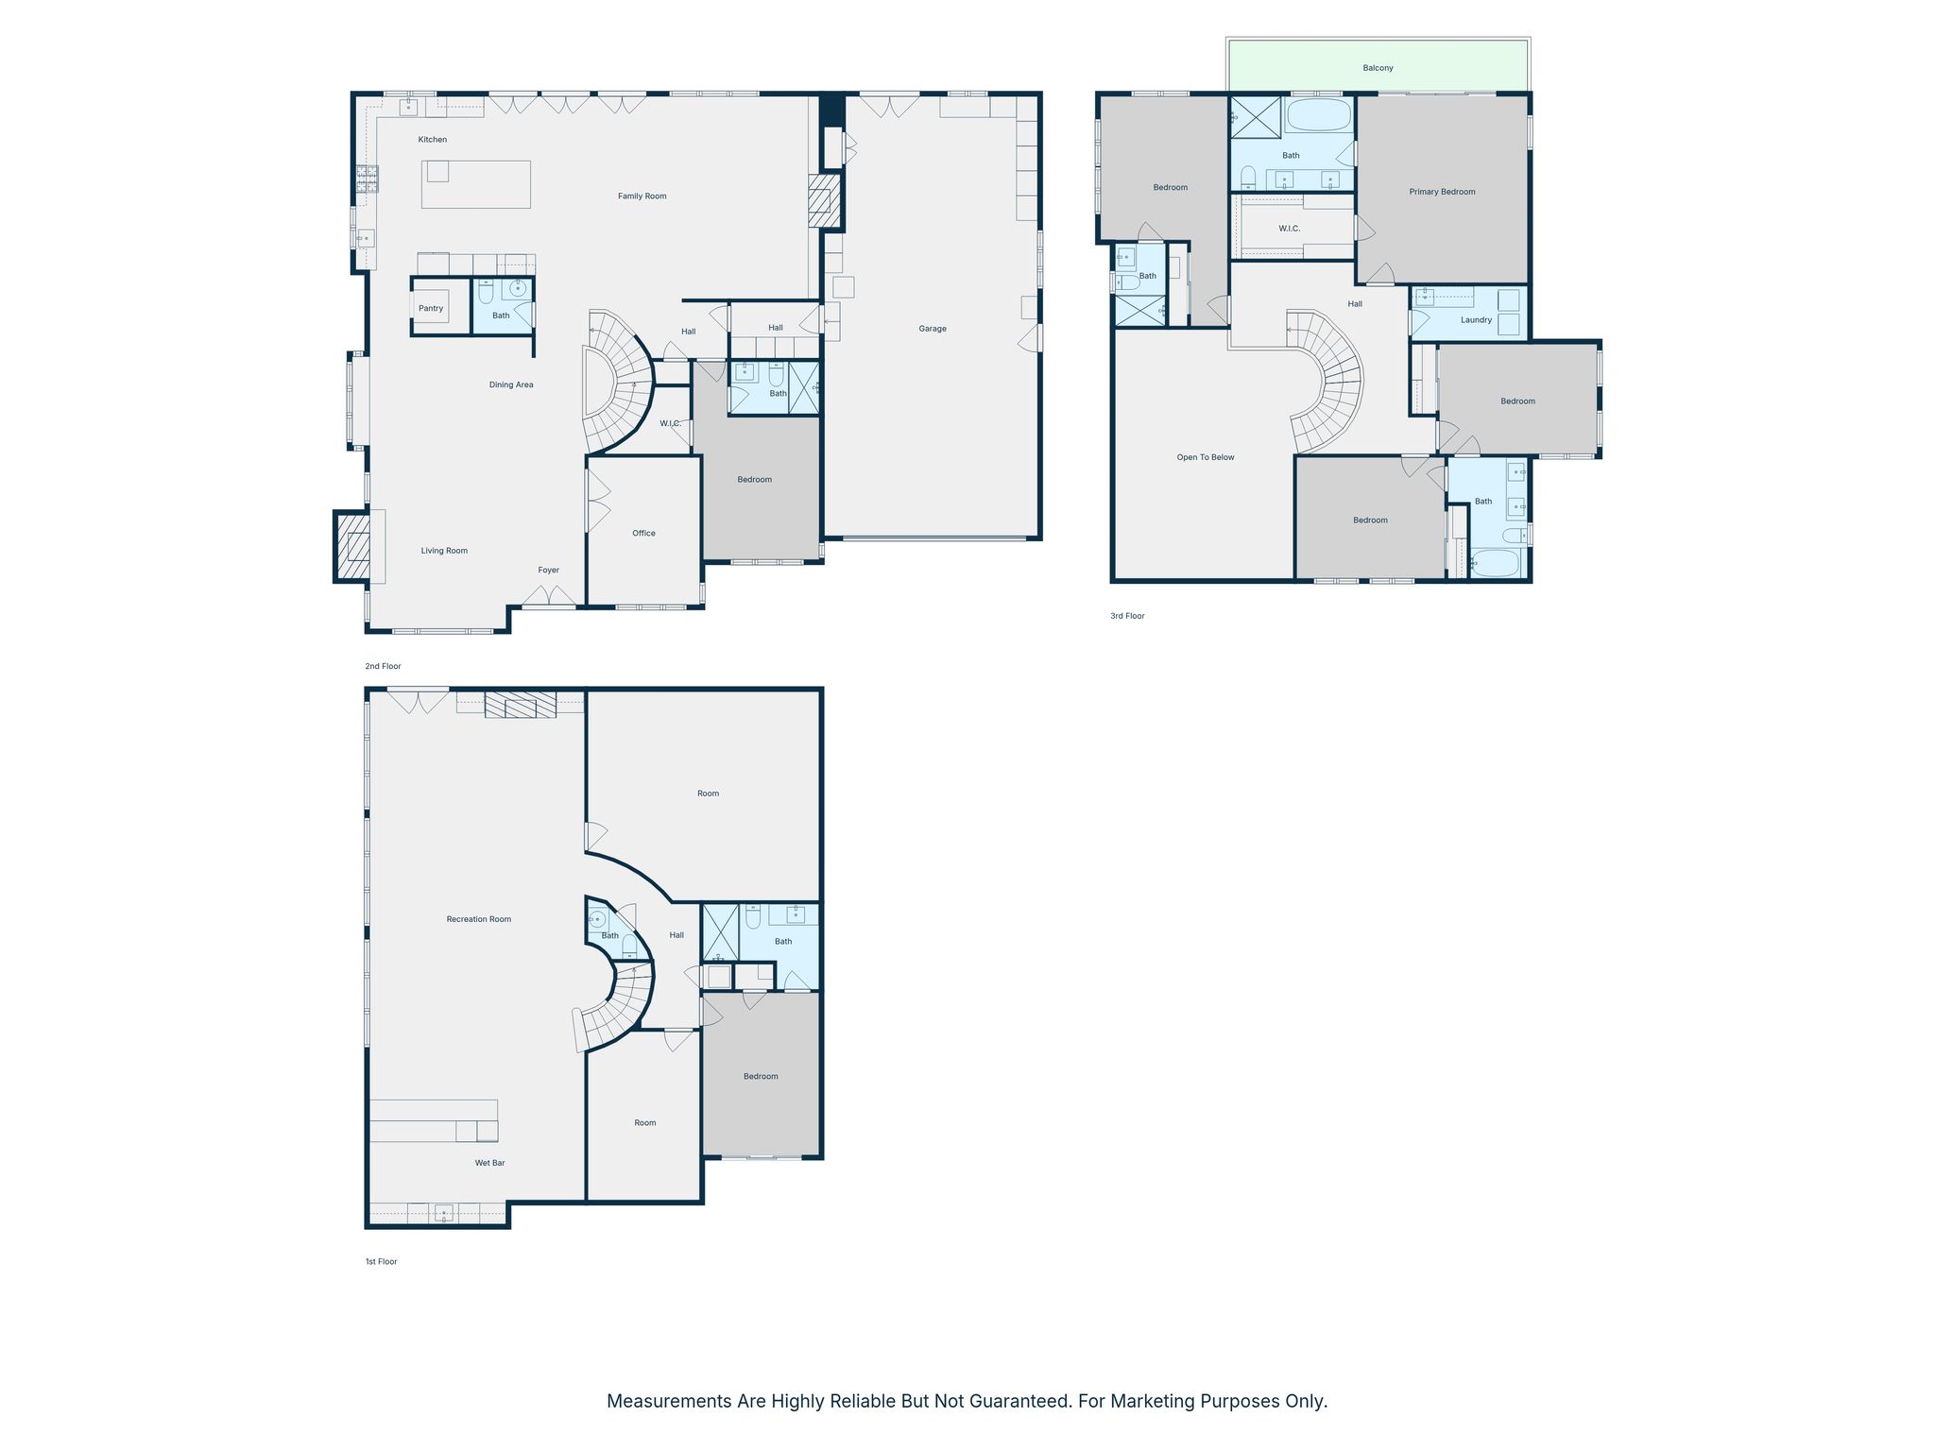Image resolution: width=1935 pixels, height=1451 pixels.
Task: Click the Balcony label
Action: click(x=1378, y=68)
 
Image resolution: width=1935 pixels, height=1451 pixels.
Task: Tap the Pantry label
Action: click(x=431, y=309)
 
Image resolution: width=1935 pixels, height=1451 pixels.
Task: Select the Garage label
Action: click(x=933, y=329)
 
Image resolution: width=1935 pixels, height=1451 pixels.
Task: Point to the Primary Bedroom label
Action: click(x=1442, y=192)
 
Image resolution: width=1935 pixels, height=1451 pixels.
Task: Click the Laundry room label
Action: click(x=1476, y=320)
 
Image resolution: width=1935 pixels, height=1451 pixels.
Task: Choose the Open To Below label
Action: click(x=1206, y=457)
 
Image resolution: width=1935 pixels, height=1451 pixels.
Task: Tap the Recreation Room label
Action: click(x=479, y=919)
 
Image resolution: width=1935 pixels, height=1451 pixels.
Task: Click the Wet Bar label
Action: click(x=489, y=1163)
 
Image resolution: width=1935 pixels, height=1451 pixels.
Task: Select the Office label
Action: click(x=643, y=534)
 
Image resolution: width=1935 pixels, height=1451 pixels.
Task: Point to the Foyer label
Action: click(x=549, y=571)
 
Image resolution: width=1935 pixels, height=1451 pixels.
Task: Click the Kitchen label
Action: click(x=433, y=140)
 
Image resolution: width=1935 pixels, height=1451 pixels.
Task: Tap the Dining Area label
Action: click(x=511, y=385)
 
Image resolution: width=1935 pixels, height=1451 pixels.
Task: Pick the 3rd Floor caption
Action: click(x=1127, y=616)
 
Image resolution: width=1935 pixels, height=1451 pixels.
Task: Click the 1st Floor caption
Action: click(x=382, y=1262)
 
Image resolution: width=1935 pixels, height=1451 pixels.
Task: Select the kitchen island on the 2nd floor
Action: click(x=475, y=184)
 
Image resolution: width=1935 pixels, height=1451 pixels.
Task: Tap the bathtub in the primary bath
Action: click(x=1319, y=115)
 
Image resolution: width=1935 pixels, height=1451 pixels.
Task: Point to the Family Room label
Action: click(x=642, y=196)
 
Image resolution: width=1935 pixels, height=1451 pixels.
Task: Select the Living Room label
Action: click(x=444, y=551)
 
